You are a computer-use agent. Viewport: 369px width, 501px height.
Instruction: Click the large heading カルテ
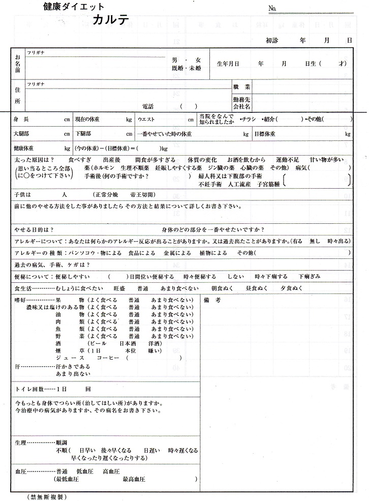[x=111, y=20]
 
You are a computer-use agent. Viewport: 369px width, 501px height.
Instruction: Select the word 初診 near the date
[x=273, y=40]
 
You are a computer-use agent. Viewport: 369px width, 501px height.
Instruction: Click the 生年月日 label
[x=228, y=64]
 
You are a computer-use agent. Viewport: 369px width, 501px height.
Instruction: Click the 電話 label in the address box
[x=147, y=106]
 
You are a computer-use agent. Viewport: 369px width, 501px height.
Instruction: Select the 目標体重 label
[x=264, y=134]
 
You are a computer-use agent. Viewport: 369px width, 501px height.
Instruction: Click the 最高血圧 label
[x=133, y=480]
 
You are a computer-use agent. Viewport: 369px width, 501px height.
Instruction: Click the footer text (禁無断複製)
[x=47, y=496]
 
